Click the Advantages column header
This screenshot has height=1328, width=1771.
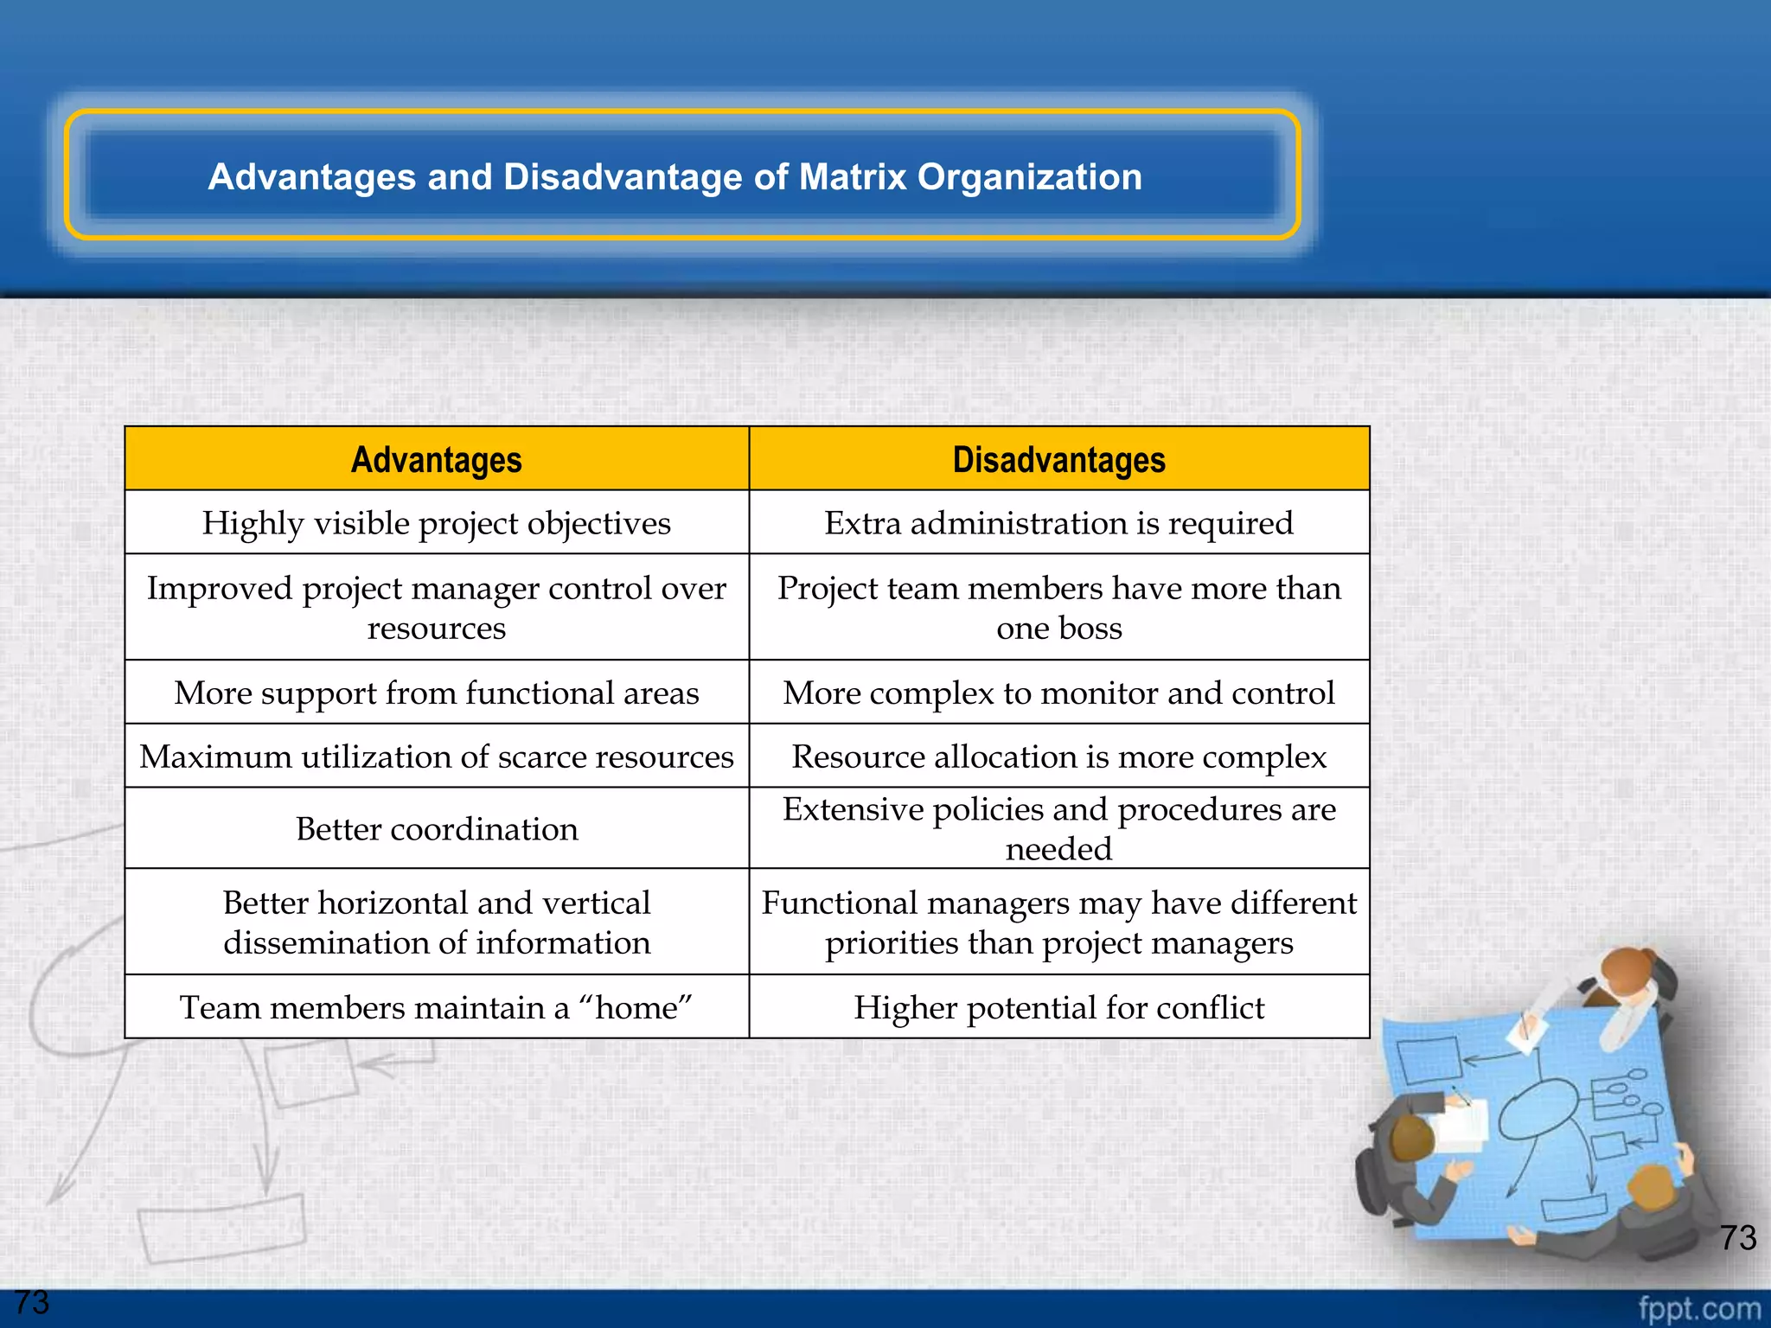pyautogui.click(x=436, y=459)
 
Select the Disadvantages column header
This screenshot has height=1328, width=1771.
pyautogui.click(x=1058, y=459)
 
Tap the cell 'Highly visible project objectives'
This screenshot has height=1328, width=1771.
pyautogui.click(x=436, y=523)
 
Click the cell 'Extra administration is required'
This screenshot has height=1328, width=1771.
pyautogui.click(x=1058, y=523)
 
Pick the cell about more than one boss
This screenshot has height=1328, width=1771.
pyautogui.click(x=1058, y=607)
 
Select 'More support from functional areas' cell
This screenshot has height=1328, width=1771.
pyautogui.click(x=436, y=693)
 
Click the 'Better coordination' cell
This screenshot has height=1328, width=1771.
pyautogui.click(x=436, y=828)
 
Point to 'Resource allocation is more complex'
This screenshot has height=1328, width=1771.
pyautogui.click(x=1058, y=757)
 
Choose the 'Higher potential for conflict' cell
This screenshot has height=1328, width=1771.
pyautogui.click(x=1058, y=1007)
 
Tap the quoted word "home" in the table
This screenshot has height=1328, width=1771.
pyautogui.click(x=636, y=1007)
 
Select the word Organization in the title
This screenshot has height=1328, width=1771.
pyautogui.click(x=1029, y=176)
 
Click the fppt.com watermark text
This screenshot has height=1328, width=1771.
pyautogui.click(x=1698, y=1308)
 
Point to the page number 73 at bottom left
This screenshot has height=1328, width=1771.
pyautogui.click(x=32, y=1302)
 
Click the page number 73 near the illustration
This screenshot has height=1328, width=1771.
pyautogui.click(x=1737, y=1237)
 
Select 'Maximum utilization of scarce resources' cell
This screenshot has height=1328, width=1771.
pyautogui.click(x=436, y=757)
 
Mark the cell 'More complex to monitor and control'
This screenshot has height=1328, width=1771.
pyautogui.click(x=1058, y=693)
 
